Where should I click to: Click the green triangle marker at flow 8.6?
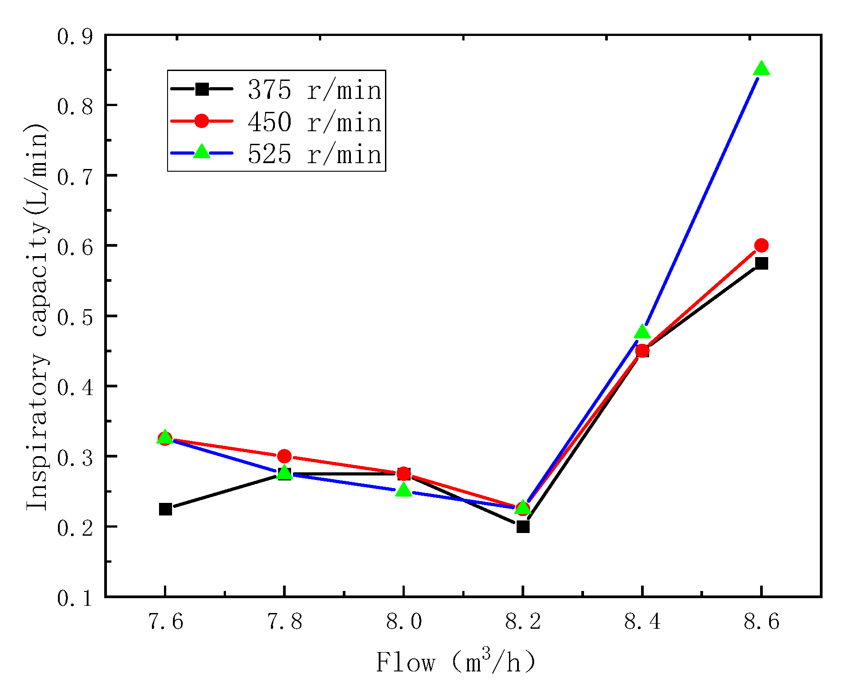[x=761, y=69]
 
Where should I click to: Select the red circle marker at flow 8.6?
[x=761, y=245]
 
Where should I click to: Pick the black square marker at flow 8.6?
[x=761, y=263]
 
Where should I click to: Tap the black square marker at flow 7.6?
[x=165, y=509]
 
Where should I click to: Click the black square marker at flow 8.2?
[x=522, y=526]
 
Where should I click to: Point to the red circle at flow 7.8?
[x=284, y=456]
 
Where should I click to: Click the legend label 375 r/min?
[x=314, y=90]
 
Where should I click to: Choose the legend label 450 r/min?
[x=314, y=122]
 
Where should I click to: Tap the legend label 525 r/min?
[x=314, y=154]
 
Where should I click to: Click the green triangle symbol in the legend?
[x=202, y=152]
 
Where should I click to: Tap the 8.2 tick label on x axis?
[x=523, y=622]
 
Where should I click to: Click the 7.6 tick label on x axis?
[x=165, y=622]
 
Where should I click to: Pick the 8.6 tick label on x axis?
[x=761, y=622]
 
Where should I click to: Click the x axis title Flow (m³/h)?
[x=456, y=662]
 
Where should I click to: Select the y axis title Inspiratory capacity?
[x=37, y=317]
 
